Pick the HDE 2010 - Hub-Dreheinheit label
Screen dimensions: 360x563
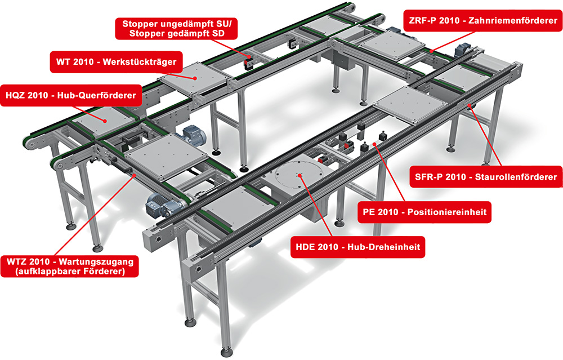click(358, 246)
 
